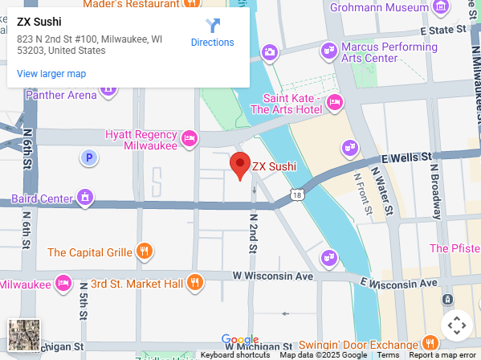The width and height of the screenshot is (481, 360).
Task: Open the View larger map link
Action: coord(51,74)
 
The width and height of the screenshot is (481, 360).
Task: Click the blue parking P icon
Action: coord(89,157)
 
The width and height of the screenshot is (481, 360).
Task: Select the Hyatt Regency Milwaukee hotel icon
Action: coord(190,138)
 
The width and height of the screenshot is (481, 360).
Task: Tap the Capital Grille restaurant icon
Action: coord(145,252)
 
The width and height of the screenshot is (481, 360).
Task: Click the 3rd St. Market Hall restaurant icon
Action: coord(194,283)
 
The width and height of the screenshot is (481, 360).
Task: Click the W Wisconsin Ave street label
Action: coord(272,276)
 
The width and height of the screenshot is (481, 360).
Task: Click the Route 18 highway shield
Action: coord(298,195)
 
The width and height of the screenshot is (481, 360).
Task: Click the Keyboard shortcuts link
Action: coord(235,354)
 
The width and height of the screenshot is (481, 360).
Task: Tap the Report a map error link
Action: coord(442,354)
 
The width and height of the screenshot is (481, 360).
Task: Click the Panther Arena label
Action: coord(61,95)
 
